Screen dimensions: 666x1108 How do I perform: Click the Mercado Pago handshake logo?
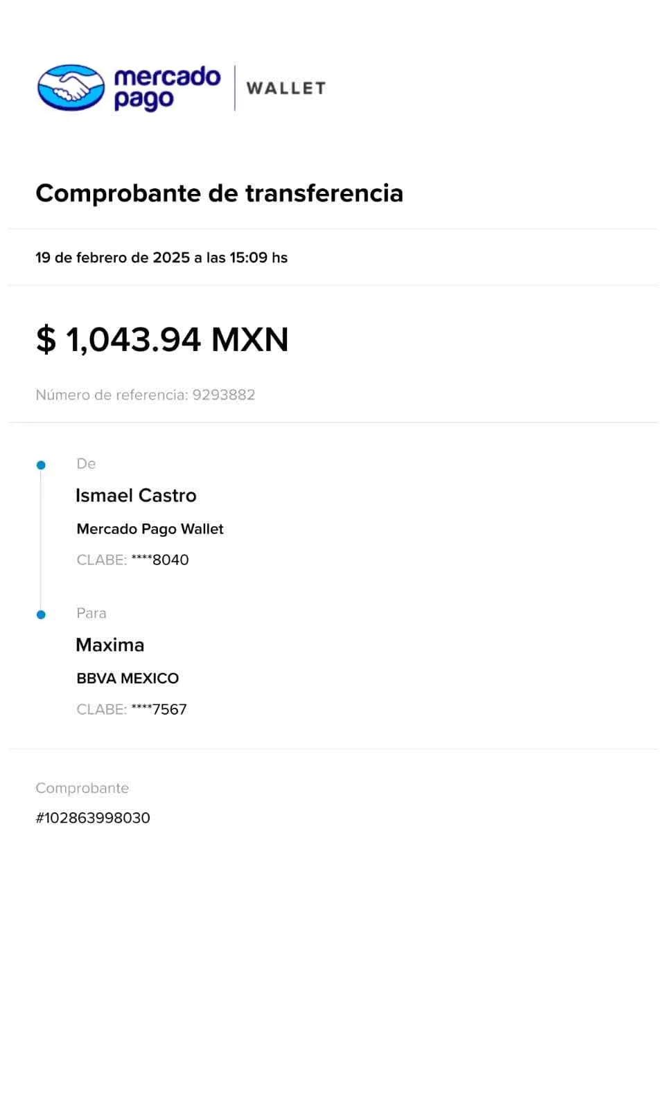click(71, 88)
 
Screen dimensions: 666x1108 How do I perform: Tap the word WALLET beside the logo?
click(286, 88)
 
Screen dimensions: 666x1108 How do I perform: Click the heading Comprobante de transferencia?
click(219, 193)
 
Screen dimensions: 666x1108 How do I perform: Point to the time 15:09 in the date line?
click(248, 258)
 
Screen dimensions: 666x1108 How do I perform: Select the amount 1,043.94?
click(133, 339)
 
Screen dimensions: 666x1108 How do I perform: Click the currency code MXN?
click(249, 339)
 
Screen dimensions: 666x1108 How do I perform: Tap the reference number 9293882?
click(224, 395)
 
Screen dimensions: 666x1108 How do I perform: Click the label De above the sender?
click(86, 463)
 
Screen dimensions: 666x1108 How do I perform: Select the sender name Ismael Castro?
click(136, 495)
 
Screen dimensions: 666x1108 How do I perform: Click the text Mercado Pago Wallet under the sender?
click(150, 529)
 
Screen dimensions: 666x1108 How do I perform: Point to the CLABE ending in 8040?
click(132, 560)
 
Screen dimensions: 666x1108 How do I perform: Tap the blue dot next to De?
click(41, 465)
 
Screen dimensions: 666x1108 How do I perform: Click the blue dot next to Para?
click(41, 614)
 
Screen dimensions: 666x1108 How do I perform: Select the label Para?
click(91, 613)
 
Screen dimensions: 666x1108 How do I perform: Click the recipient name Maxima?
click(110, 645)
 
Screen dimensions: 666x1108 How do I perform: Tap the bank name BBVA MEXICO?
click(128, 679)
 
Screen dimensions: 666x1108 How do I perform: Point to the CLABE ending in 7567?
click(132, 709)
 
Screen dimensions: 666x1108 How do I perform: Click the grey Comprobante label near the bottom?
click(82, 788)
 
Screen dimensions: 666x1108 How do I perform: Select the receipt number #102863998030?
click(93, 818)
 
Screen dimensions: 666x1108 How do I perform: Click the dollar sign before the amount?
click(46, 339)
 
